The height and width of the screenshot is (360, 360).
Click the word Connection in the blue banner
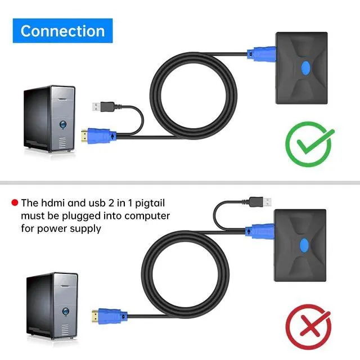(x=62, y=31)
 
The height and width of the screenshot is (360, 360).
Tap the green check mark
(x=309, y=141)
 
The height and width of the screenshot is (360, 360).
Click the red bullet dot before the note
(x=15, y=202)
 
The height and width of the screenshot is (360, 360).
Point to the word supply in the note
(x=87, y=228)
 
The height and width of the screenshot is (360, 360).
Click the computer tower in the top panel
(x=48, y=119)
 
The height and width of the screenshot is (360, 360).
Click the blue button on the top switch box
(x=305, y=68)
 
